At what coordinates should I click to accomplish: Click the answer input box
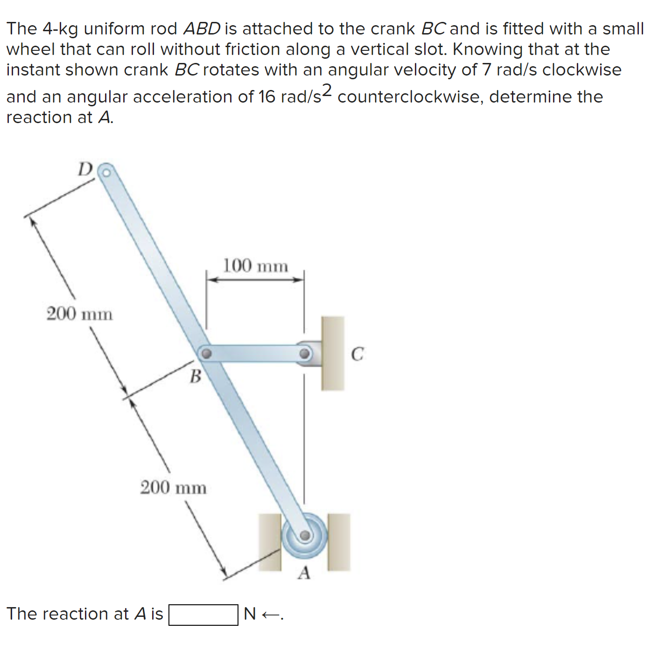203,615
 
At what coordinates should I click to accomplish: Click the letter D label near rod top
85,169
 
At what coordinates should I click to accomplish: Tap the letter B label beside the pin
196,376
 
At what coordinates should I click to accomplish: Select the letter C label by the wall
357,354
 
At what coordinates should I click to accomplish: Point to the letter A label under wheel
304,573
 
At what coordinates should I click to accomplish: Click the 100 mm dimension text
255,266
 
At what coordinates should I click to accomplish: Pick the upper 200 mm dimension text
80,314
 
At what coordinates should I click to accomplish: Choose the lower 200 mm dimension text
174,488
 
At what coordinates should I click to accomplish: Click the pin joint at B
206,353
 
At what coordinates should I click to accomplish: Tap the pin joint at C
305,353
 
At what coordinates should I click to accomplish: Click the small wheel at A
304,535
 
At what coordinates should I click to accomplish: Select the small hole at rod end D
106,173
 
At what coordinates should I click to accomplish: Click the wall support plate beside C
333,353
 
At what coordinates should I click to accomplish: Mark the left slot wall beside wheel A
270,542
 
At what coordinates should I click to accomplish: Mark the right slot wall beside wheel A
339,542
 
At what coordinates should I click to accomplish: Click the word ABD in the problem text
202,29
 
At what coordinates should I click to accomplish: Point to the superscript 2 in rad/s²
328,89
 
